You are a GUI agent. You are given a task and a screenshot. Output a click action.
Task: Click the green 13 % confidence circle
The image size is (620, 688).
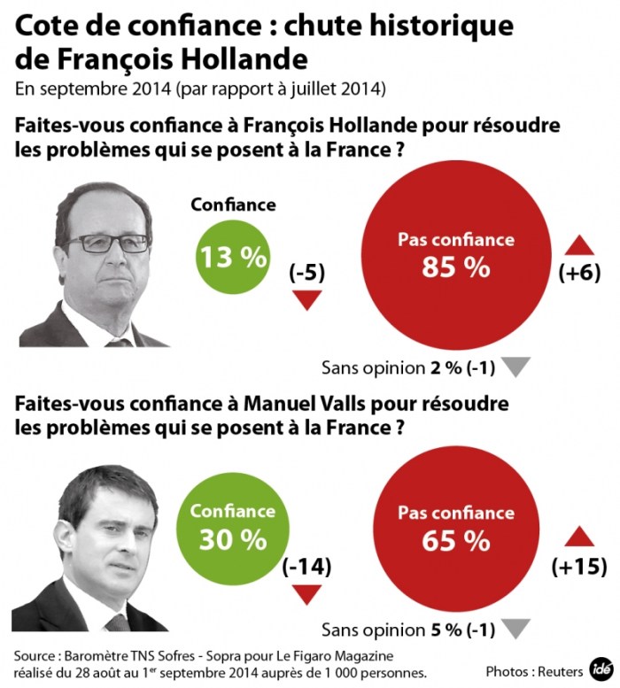click(x=233, y=257)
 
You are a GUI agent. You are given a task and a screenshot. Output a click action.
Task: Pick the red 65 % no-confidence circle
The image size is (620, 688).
click(x=456, y=528)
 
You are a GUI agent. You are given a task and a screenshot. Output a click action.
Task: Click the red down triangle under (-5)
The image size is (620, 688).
click(x=306, y=301)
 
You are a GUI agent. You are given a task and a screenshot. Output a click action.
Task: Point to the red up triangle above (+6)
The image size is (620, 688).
click(x=579, y=245)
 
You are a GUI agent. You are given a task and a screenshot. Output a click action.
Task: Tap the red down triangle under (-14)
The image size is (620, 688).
click(x=306, y=594)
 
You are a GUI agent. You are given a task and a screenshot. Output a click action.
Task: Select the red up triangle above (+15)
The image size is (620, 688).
click(x=578, y=537)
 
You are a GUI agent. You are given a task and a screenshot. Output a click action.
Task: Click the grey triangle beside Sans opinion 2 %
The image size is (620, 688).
click(x=518, y=367)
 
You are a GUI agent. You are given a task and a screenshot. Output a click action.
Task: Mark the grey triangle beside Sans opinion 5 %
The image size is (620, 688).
click(x=518, y=629)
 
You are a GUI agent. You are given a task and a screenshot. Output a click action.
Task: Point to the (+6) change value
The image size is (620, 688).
click(x=579, y=274)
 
